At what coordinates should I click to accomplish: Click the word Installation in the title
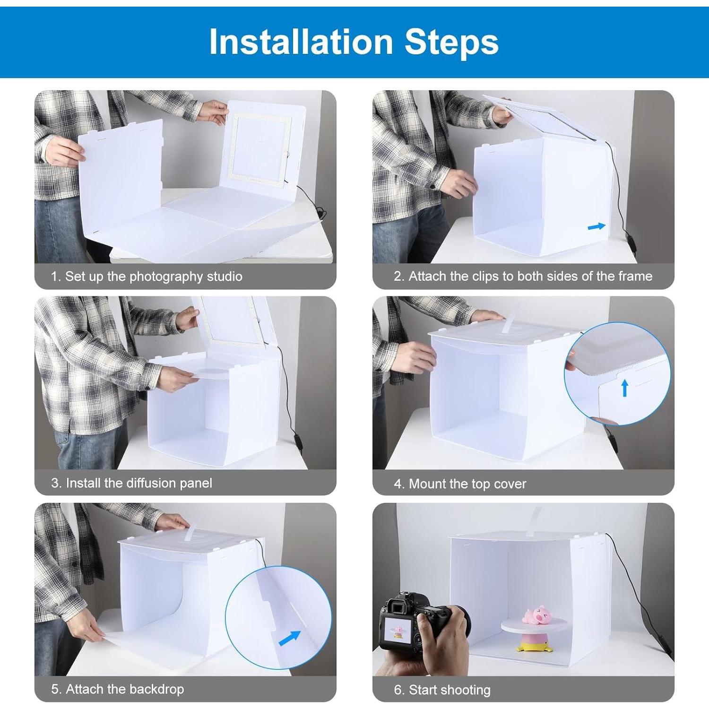(x=301, y=42)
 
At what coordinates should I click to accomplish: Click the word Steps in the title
(x=451, y=42)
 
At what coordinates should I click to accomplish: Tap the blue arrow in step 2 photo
(x=597, y=226)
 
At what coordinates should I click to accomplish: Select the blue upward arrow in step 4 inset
(x=624, y=388)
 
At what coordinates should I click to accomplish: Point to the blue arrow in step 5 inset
(x=290, y=638)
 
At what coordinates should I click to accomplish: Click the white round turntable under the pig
(x=538, y=629)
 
